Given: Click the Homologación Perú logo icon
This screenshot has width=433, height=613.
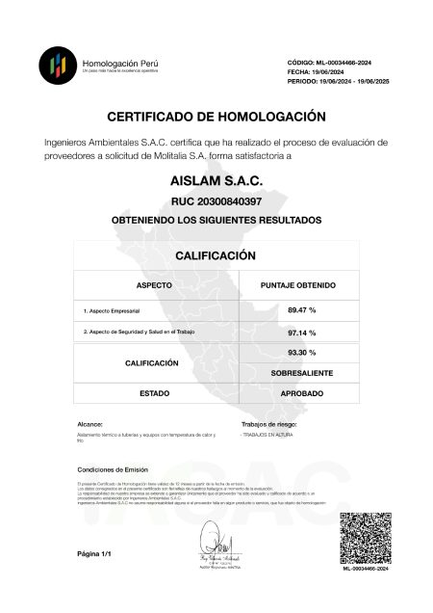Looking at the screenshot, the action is click(x=58, y=66).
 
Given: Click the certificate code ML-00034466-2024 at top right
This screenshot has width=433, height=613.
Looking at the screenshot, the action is click(x=329, y=63).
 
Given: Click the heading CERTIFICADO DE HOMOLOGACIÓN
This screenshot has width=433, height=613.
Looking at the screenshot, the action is click(x=216, y=117).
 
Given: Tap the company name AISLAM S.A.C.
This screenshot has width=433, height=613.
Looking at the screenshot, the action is click(x=216, y=180).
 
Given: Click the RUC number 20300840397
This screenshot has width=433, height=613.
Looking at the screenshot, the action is click(x=216, y=201).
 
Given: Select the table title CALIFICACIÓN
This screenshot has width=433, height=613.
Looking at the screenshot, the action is click(x=216, y=255).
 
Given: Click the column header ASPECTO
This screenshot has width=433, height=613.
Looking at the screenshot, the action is click(x=154, y=286).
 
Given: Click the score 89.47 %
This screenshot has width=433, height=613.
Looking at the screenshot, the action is click(x=302, y=309).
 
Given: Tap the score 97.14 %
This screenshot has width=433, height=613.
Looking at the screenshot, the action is click(x=302, y=333).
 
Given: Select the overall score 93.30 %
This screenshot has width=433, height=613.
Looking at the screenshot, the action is click(x=302, y=353).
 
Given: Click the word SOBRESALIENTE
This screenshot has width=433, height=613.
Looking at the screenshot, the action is click(x=302, y=371).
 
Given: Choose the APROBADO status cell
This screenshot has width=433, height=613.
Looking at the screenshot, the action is click(x=302, y=394).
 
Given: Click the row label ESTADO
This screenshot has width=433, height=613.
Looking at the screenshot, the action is click(x=154, y=394).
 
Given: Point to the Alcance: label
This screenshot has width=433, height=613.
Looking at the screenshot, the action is click(x=89, y=424).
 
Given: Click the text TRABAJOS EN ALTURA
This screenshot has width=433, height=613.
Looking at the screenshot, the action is click(x=268, y=436).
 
